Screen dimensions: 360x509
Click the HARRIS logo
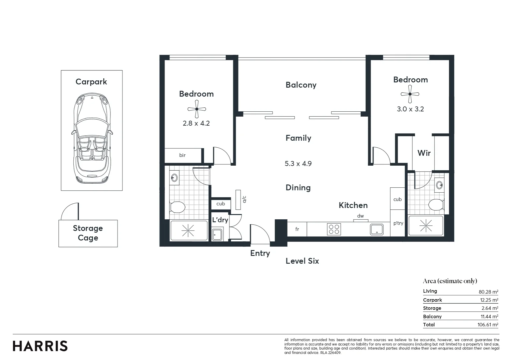40,346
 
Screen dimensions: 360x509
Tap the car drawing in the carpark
92,138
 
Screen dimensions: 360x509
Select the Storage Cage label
88,233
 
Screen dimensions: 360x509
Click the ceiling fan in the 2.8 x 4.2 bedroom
196,109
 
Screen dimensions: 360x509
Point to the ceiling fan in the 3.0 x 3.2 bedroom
410,94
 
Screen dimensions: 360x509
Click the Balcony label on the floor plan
301,85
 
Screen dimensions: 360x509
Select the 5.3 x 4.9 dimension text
298,164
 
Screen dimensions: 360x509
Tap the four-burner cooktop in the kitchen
334,229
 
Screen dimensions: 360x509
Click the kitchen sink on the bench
377,229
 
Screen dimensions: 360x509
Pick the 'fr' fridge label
297,229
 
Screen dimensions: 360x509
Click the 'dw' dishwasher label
361,216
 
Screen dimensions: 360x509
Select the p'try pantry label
398,223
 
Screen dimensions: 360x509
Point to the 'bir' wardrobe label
182,155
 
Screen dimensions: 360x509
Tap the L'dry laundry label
220,220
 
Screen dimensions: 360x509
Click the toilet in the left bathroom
177,207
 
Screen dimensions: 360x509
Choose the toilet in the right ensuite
436,204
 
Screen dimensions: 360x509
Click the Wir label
424,153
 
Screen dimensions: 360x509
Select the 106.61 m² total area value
488,325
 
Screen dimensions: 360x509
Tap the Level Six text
302,261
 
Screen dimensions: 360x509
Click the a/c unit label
244,199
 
